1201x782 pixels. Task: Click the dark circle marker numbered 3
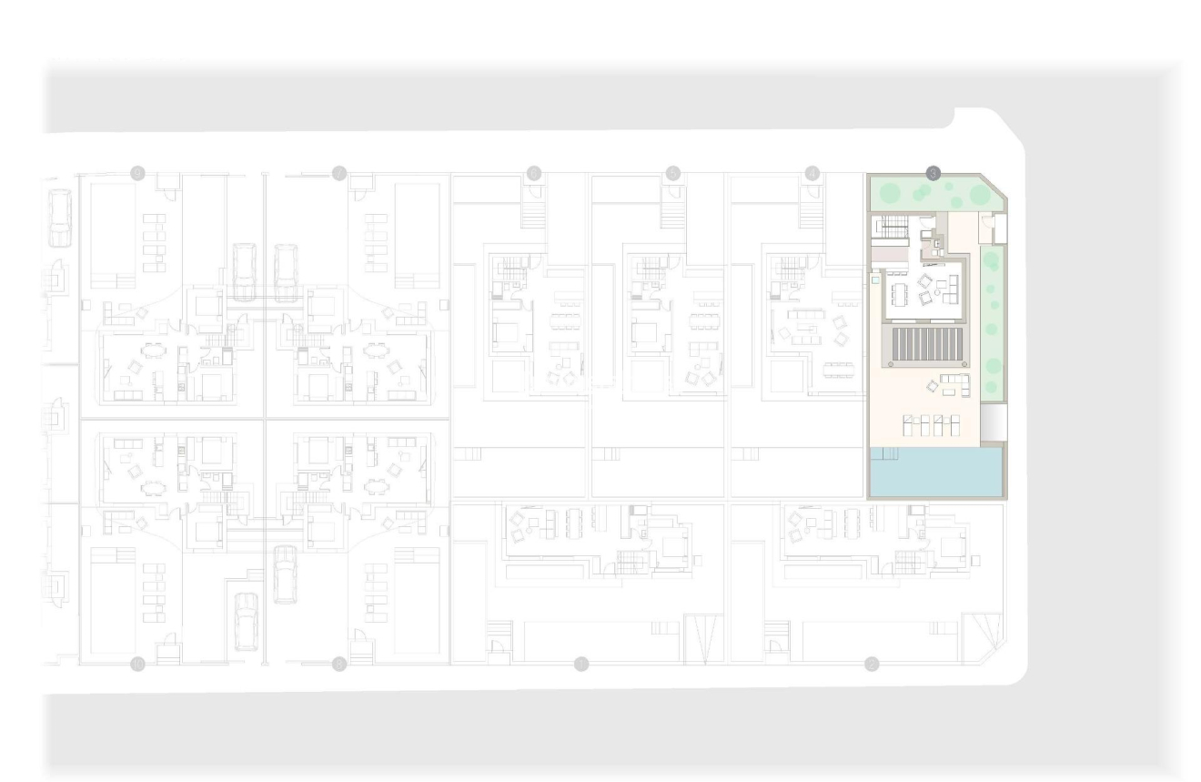point(933,171)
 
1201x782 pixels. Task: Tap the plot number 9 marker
point(137,171)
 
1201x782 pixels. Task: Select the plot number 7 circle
point(339,171)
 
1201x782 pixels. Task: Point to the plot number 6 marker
point(534,171)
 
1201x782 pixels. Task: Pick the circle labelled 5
point(673,171)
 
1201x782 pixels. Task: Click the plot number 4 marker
point(812,171)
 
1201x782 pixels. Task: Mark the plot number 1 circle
point(581,664)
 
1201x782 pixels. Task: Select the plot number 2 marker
point(872,664)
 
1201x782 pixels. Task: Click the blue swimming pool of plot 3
point(937,472)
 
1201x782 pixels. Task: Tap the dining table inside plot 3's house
point(901,294)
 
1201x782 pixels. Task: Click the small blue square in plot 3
point(875,282)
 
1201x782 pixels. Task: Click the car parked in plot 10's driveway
point(246,622)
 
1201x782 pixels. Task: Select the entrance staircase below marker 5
point(674,215)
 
